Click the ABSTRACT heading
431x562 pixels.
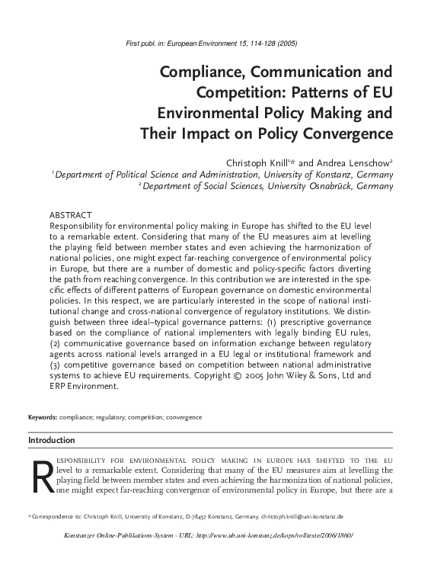pos(70,216)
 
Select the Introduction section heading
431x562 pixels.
pos(52,440)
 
